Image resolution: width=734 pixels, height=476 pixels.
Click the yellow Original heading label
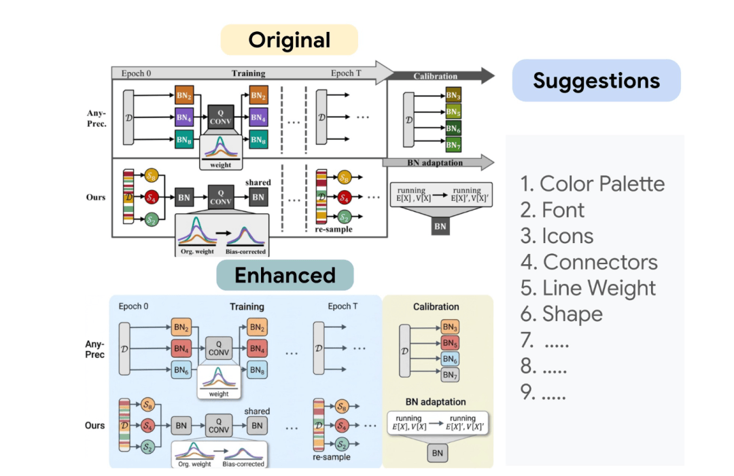(x=290, y=40)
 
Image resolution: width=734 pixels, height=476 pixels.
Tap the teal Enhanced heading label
(x=285, y=275)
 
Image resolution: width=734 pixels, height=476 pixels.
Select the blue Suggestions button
(x=596, y=81)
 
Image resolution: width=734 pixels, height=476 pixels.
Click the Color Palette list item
(x=593, y=184)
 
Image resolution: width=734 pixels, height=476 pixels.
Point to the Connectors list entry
(x=589, y=262)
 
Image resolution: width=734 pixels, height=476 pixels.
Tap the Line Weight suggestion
(x=589, y=288)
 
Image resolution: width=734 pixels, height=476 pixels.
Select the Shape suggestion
(x=562, y=314)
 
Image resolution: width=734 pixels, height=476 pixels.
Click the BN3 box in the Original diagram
(x=453, y=95)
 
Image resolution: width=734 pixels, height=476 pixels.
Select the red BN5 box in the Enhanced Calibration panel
(x=450, y=343)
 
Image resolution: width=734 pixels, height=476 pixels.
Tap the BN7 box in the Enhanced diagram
(x=450, y=375)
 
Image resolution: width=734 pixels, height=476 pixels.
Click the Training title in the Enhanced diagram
(x=247, y=307)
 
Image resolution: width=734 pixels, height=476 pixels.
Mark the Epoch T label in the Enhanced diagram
(x=343, y=307)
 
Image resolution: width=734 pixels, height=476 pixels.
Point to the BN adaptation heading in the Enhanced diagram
(x=436, y=402)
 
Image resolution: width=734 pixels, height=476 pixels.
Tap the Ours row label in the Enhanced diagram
(x=95, y=425)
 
